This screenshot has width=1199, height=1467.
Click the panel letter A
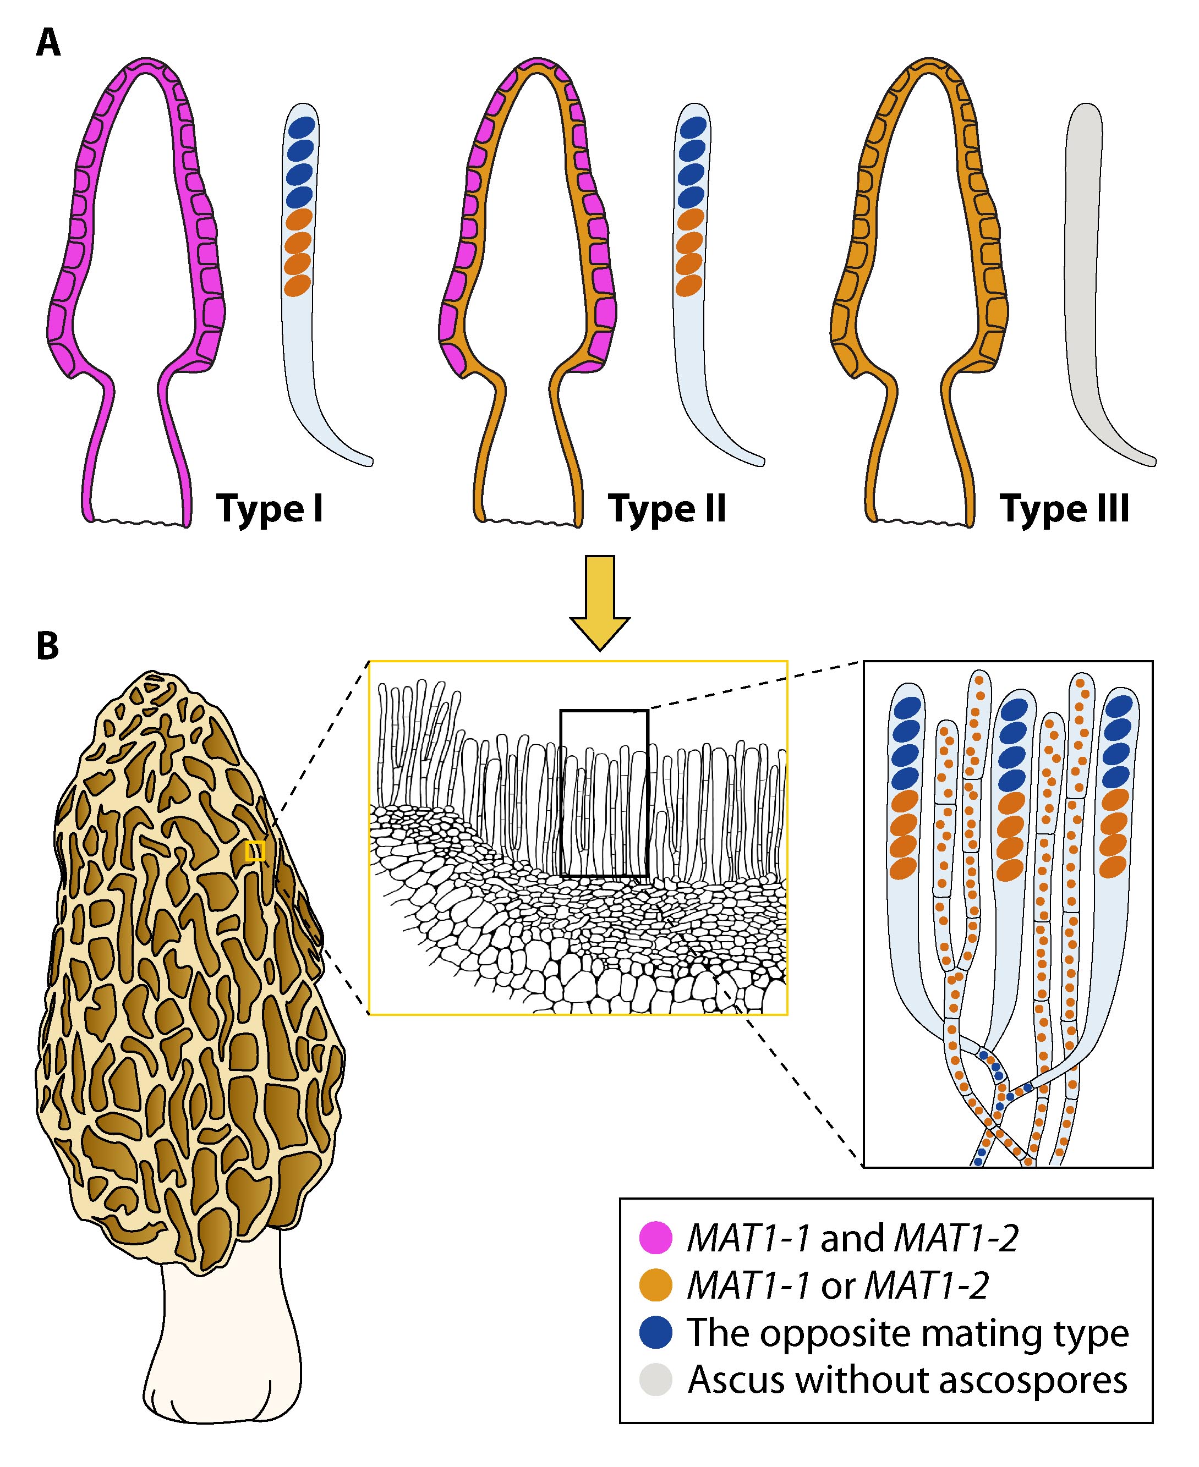pyautogui.click(x=48, y=43)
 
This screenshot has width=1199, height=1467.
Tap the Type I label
pyautogui.click(x=270, y=509)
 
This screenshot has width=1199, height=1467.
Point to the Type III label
pyautogui.click(x=1064, y=509)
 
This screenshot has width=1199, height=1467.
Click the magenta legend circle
pyautogui.click(x=655, y=1237)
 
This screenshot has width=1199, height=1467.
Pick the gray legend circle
pyautogui.click(x=655, y=1381)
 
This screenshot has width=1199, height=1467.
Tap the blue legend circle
pyautogui.click(x=655, y=1332)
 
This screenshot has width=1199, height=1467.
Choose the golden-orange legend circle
pyautogui.click(x=655, y=1285)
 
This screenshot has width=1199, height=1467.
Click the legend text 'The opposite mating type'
pyautogui.click(x=907, y=1332)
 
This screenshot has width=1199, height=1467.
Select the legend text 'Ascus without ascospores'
pyautogui.click(x=907, y=1381)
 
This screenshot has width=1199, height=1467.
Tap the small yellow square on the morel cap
pyautogui.click(x=255, y=850)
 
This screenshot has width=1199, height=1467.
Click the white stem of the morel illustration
pyautogui.click(x=221, y=1346)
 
